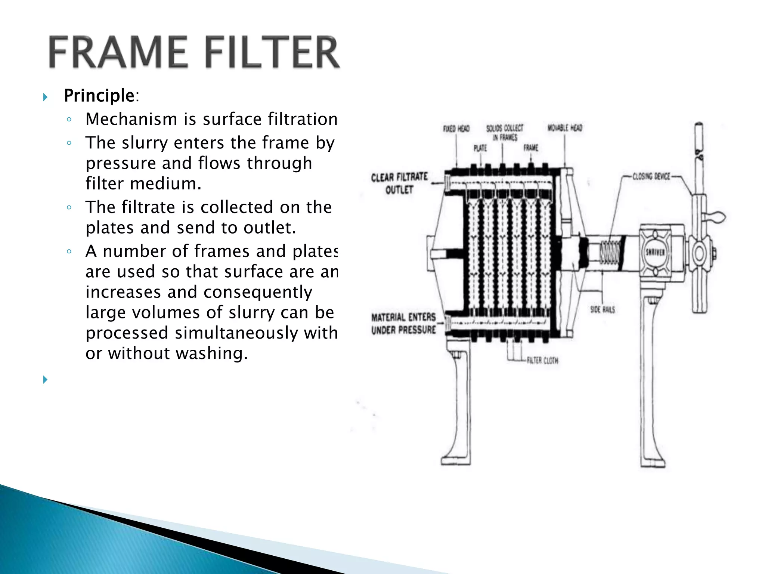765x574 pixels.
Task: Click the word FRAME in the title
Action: click(x=118, y=52)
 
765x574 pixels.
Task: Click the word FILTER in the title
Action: click(x=273, y=52)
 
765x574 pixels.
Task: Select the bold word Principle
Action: click(x=99, y=96)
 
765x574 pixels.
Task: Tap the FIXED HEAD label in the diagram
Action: click(x=456, y=129)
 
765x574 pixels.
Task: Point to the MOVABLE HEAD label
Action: click(x=565, y=128)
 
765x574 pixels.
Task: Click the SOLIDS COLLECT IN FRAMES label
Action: click(x=505, y=133)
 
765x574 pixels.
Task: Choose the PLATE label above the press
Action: click(x=480, y=148)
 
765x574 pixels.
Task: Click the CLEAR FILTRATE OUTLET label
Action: click(x=399, y=183)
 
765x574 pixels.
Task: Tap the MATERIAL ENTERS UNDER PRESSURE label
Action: click(x=403, y=324)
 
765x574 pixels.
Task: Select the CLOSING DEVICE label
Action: click(x=651, y=176)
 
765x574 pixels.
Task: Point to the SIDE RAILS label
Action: click(x=603, y=309)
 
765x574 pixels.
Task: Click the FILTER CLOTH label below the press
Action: click(x=542, y=361)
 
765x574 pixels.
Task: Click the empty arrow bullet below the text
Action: click(x=45, y=380)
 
